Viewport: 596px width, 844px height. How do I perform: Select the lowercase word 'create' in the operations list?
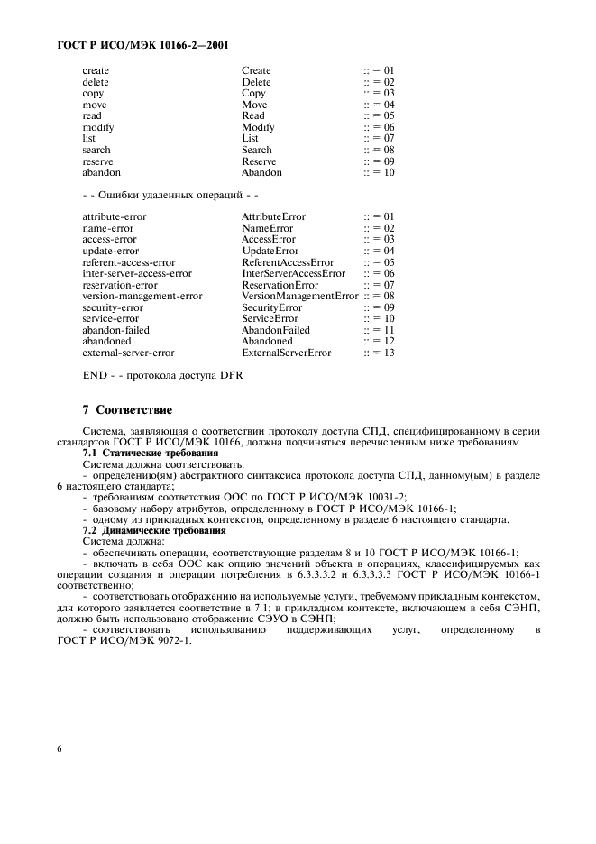coord(96,70)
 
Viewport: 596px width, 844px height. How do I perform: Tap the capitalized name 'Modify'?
coord(258,127)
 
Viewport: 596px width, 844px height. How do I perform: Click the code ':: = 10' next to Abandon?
coord(379,173)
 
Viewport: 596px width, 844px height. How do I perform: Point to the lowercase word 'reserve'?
coord(98,161)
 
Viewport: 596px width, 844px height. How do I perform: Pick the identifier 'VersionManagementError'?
coord(300,296)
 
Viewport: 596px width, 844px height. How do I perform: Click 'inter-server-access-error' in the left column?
coord(136,273)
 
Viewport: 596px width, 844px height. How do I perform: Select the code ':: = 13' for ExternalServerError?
coord(379,353)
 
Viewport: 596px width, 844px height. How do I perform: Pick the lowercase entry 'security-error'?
coord(112,307)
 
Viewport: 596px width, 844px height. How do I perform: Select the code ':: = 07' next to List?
coord(379,139)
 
